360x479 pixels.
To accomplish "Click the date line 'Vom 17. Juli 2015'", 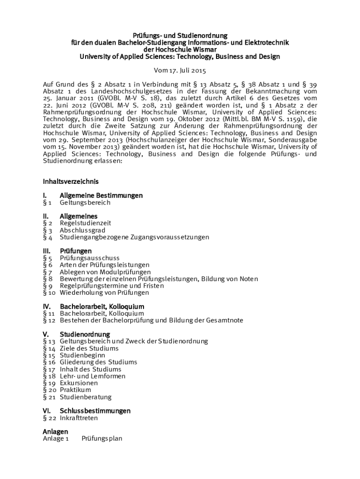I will pos(180,71).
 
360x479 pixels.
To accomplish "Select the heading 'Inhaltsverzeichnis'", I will pos(71,181).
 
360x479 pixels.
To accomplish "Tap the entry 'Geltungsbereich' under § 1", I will pos(85,203).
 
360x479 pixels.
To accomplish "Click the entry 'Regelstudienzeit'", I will pos(86,223).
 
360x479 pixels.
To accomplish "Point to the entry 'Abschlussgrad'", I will pos(82,230).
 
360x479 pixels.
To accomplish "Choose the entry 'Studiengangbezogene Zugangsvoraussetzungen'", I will pos(134,237).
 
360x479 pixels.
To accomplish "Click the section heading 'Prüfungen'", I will pos(76,251).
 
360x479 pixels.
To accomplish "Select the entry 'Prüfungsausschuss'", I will pos(89,258).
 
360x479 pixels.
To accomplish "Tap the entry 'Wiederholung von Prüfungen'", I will pos(104,292).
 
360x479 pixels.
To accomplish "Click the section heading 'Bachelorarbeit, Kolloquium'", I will pos(102,306).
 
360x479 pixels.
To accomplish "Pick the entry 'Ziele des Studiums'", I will pos(89,348).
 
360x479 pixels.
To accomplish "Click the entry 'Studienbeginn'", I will pos(82,355).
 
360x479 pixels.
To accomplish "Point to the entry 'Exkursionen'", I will pos(79,383).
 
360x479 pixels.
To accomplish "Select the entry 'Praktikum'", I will pos(75,390).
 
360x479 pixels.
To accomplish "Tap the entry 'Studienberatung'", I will pos(86,397).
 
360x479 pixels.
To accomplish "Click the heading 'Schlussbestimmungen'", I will pos(95,411).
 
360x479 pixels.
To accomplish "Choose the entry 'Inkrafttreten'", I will pos(79,418).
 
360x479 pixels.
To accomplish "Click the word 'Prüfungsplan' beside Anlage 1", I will pos(102,439).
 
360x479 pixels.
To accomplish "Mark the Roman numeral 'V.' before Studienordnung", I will pos(46,334).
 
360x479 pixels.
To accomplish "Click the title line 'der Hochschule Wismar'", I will pos(180,50).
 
